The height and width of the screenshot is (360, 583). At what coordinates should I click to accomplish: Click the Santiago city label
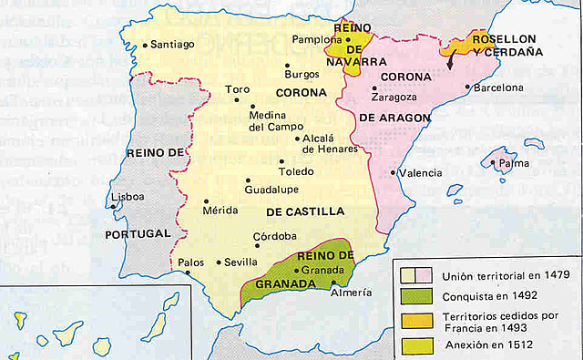(x=171, y=43)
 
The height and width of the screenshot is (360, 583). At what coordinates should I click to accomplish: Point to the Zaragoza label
(x=394, y=96)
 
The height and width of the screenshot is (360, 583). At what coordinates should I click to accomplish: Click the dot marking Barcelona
(x=467, y=88)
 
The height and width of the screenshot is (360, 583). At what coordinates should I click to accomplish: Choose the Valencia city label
(x=420, y=172)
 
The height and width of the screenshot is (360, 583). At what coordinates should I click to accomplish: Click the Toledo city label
(x=297, y=171)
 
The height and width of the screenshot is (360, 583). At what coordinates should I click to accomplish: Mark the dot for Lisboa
(x=113, y=206)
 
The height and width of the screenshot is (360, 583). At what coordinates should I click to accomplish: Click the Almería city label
(x=352, y=293)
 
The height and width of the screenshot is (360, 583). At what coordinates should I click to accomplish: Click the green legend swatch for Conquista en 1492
(x=414, y=295)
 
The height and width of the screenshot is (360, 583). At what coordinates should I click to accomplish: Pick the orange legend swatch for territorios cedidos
(x=414, y=319)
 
